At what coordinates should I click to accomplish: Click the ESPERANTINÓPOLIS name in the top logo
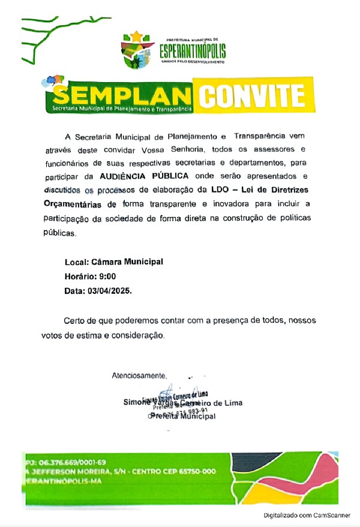pyautogui.click(x=193, y=50)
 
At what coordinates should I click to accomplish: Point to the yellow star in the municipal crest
pyautogui.click(x=137, y=37)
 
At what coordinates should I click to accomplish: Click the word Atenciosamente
pyautogui.click(x=139, y=376)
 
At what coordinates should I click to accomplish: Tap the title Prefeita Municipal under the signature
pyautogui.click(x=182, y=416)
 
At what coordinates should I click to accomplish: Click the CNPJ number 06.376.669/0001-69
pyautogui.click(x=73, y=462)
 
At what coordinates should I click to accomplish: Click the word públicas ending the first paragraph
pyautogui.click(x=59, y=234)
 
